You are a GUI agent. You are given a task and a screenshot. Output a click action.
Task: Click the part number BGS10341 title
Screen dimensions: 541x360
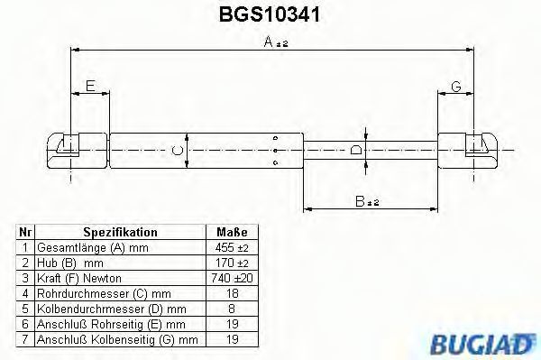coord(270,14)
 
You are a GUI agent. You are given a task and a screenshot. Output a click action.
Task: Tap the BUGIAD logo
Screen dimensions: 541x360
coord(483,344)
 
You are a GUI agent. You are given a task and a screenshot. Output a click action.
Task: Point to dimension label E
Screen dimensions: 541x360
coord(90,86)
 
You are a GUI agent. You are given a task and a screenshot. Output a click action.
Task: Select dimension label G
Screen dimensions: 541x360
coord(456,87)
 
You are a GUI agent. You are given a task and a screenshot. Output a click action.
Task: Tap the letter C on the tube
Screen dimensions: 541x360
coord(178,150)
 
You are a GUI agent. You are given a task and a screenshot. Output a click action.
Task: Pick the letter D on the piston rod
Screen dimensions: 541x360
coord(356,151)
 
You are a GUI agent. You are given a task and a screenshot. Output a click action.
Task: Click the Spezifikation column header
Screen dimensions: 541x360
coord(120,232)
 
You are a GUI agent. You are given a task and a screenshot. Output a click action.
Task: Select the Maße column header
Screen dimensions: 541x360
coord(232,232)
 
